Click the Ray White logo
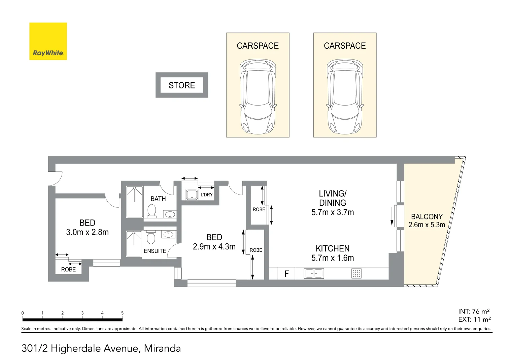[x=48, y=41]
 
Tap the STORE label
[x=182, y=85]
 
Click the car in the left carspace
[x=258, y=97]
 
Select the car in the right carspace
[x=345, y=97]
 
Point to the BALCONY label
[x=426, y=217]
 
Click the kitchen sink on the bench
[x=314, y=274]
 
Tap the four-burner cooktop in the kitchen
[x=356, y=274]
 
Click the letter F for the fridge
[x=286, y=274]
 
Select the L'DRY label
[x=206, y=195]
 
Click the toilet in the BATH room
[x=152, y=211]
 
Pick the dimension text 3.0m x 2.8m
[x=87, y=232]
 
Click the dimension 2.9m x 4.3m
[x=214, y=247]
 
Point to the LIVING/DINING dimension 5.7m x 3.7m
[x=333, y=212]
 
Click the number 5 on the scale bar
[x=122, y=313]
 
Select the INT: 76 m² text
[x=474, y=312]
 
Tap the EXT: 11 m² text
[x=474, y=320]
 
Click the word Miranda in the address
[x=162, y=349]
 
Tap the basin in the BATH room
[x=170, y=214]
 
